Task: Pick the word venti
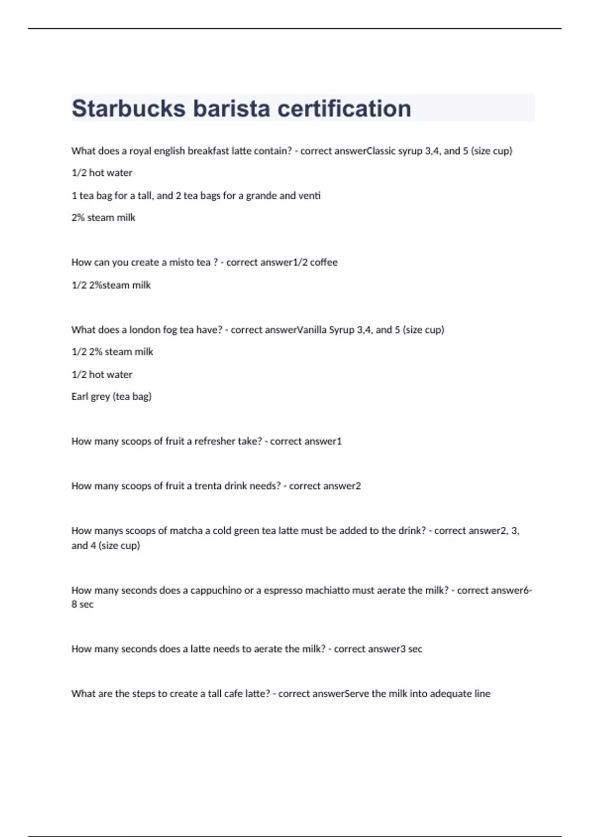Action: [310, 196]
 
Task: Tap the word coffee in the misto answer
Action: [324, 262]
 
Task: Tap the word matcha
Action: [186, 531]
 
